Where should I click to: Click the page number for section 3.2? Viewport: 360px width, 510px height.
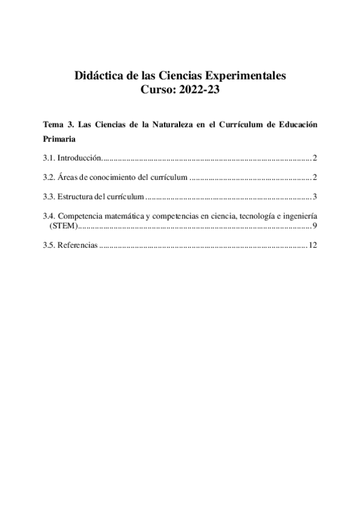[x=314, y=177]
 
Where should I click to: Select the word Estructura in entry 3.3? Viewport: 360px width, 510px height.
[x=75, y=197]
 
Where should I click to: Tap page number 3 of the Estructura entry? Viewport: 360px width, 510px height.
[x=314, y=197]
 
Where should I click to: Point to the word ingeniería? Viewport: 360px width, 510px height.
[x=300, y=216]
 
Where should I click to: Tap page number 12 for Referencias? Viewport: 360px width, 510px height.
[x=312, y=245]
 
